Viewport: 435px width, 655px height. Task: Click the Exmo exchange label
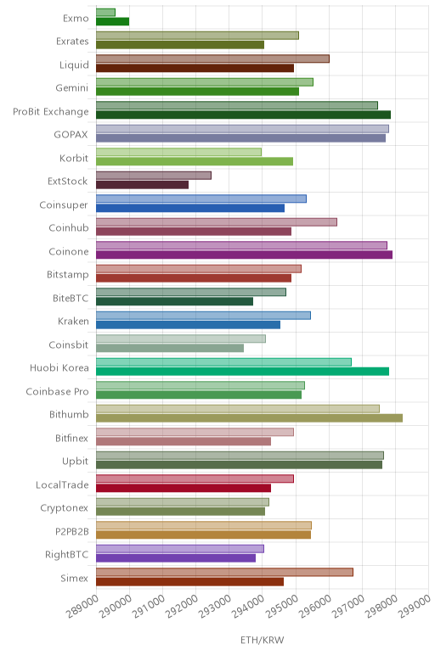tap(76, 19)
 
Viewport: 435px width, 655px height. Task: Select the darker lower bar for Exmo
tap(112, 22)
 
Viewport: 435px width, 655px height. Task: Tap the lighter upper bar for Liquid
tap(212, 59)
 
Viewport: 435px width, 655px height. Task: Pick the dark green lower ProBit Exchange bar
tap(244, 115)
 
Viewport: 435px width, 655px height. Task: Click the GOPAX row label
tap(71, 135)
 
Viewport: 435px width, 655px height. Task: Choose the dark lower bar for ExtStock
tap(142, 185)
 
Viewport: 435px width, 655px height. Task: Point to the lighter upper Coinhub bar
tap(217, 222)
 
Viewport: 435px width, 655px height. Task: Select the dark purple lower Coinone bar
tap(245, 255)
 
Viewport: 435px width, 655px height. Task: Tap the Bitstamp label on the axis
tap(68, 274)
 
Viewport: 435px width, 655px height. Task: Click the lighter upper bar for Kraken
tap(203, 316)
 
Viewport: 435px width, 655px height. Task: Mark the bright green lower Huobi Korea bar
tap(243, 372)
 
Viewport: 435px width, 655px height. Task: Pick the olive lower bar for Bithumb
tap(249, 418)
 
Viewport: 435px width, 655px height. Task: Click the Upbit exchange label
tap(76, 462)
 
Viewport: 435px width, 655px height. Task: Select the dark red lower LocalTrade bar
tap(184, 488)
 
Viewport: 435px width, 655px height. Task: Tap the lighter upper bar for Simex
tap(224, 573)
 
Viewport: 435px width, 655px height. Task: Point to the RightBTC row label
tap(67, 554)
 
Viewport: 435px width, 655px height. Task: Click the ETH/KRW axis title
tap(263, 640)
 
